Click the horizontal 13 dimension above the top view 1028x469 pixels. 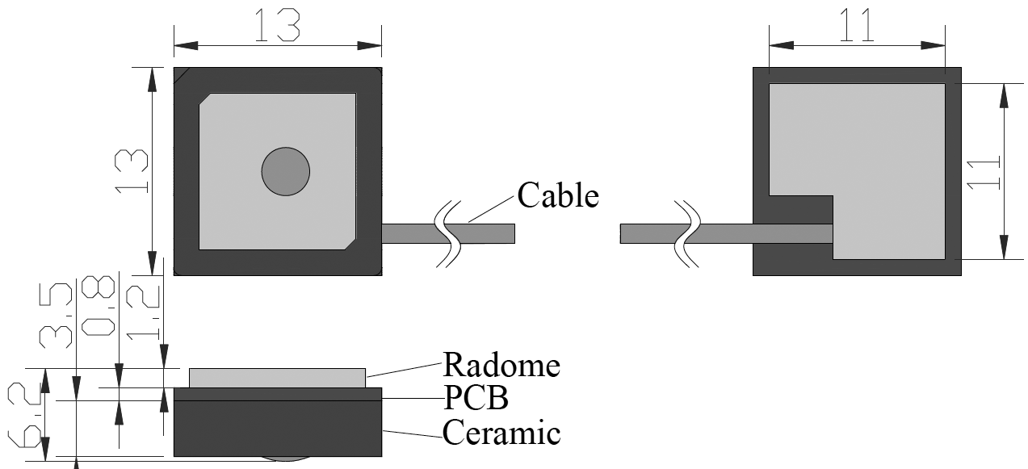coord(277,26)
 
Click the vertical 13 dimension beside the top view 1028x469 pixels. coord(132,170)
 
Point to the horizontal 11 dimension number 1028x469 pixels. coord(856,26)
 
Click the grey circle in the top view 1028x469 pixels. coord(286,171)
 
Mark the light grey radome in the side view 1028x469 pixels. coord(277,378)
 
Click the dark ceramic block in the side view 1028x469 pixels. coord(277,428)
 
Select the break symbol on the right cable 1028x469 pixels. coord(687,232)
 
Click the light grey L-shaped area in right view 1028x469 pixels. coord(888,161)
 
